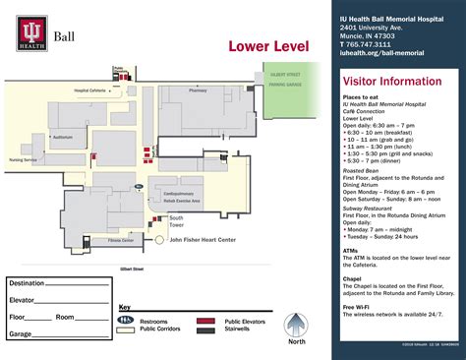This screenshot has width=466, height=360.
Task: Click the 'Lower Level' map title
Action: (268, 47)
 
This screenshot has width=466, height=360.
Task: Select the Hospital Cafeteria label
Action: (90, 90)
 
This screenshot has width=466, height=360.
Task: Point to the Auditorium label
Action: (63, 136)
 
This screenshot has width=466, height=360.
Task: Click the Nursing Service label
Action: (23, 158)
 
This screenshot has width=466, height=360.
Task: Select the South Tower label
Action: (177, 221)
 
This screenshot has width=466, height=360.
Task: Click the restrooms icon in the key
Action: (125, 320)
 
